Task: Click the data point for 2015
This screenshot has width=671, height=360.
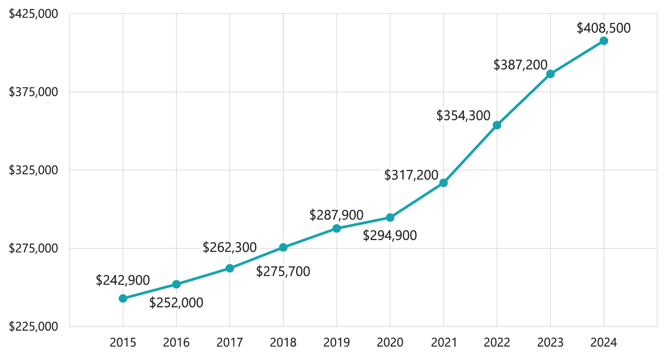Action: (123, 298)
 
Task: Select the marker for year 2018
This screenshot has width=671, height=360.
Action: (283, 247)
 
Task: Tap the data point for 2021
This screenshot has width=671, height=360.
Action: (443, 183)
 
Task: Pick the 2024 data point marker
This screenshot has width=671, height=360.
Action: (603, 41)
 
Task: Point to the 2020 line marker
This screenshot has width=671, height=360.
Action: (390, 218)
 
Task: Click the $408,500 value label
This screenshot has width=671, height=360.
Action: (603, 28)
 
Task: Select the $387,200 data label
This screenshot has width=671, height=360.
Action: (520, 65)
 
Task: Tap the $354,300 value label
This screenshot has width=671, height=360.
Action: (463, 116)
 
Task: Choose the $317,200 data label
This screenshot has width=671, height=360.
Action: (411, 175)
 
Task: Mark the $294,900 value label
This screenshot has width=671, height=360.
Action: (390, 236)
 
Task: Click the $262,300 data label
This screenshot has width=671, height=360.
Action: (230, 248)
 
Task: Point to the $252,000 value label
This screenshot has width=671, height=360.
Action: (176, 303)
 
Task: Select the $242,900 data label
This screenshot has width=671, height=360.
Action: (123, 280)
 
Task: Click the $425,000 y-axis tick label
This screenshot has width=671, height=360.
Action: (34, 14)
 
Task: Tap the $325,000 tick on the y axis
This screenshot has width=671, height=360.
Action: (34, 170)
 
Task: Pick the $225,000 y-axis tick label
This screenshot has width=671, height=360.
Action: (34, 326)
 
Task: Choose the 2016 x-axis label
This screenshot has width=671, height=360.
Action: (176, 343)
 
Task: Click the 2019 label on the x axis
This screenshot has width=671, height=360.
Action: (336, 343)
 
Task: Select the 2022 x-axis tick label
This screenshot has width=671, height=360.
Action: (497, 343)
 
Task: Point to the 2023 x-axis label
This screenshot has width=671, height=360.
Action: (550, 343)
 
